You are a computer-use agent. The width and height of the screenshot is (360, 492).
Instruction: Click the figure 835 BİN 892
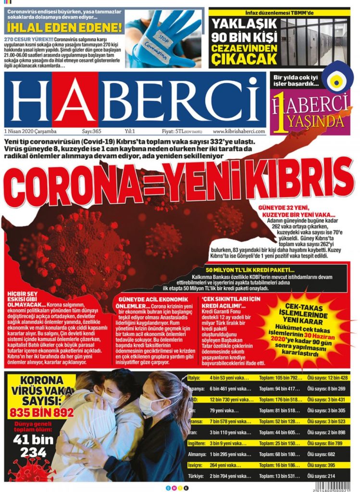click(x=41, y=412)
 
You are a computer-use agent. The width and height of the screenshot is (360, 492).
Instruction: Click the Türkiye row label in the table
click(x=196, y=476)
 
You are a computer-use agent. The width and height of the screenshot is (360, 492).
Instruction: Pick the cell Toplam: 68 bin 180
click(x=280, y=454)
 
